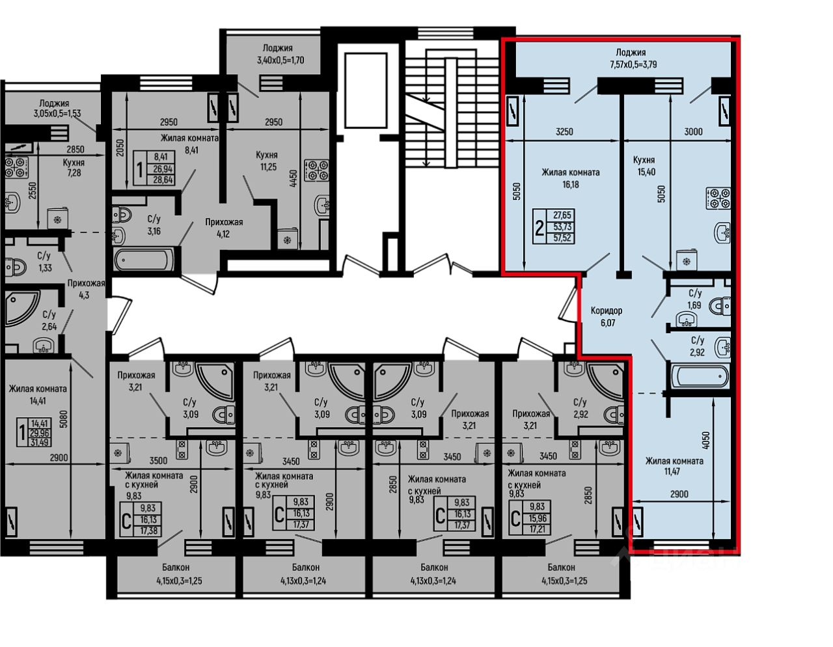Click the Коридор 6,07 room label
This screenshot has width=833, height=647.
(606, 316)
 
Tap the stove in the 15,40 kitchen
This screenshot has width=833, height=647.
(718, 198)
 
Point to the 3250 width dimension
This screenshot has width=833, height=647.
(564, 132)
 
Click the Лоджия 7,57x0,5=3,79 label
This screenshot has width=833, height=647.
(633, 59)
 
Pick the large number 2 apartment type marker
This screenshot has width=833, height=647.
(539, 228)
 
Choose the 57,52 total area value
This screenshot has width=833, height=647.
(562, 238)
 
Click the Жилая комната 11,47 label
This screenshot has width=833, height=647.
(674, 465)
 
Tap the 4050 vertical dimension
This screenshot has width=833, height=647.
(706, 441)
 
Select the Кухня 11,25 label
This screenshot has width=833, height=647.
(267, 161)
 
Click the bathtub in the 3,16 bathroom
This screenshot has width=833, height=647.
(144, 260)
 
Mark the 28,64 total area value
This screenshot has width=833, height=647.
(163, 180)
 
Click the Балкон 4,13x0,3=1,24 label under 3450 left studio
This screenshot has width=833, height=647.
(303, 574)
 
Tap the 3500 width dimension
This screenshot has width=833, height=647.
(158, 460)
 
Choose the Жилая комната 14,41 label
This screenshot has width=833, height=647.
(38, 395)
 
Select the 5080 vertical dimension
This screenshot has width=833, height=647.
(64, 419)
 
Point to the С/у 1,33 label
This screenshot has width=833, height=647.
(45, 262)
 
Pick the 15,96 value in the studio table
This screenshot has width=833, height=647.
(537, 518)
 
